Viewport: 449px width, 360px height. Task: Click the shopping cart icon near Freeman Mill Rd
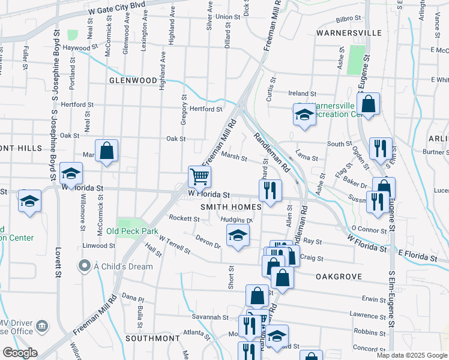click(x=200, y=176)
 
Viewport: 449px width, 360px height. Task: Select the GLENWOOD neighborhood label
click(x=133, y=80)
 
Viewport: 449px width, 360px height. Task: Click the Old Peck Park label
click(x=132, y=231)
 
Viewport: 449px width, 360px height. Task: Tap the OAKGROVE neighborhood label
click(x=337, y=277)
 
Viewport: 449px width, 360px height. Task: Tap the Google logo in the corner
click(x=20, y=353)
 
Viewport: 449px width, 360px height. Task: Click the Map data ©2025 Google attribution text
click(x=412, y=355)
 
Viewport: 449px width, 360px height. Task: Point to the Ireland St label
click(x=302, y=94)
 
